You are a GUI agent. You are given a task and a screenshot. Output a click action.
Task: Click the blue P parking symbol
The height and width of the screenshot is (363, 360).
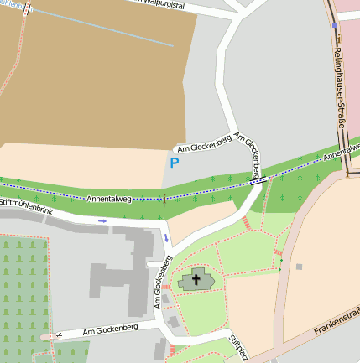click(x=175, y=163)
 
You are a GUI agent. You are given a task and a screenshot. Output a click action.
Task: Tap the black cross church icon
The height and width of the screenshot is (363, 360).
click(x=197, y=279)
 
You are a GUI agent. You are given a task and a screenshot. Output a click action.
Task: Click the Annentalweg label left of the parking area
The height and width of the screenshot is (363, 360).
click(x=109, y=198)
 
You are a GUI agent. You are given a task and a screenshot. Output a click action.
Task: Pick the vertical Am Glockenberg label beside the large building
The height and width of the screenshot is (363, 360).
click(x=157, y=283)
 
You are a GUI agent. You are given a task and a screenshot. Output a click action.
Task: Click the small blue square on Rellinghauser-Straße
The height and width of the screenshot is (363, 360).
click(x=335, y=25)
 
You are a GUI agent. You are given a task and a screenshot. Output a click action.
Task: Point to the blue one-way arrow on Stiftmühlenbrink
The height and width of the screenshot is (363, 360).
click(x=102, y=220)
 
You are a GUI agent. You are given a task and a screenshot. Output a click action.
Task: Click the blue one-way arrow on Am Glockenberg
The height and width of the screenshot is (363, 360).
click(x=166, y=238)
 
